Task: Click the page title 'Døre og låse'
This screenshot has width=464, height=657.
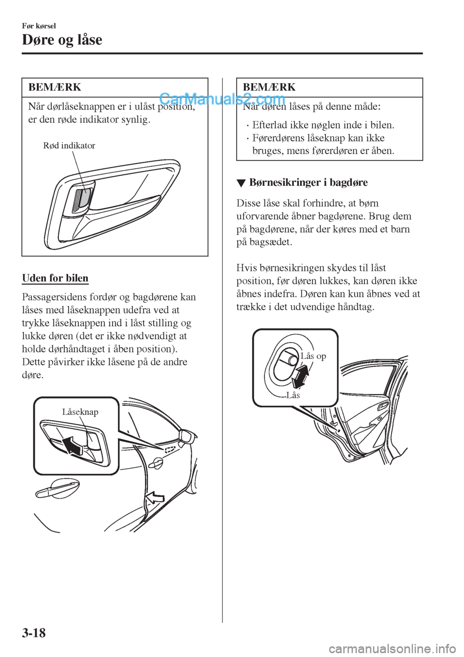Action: [x=62, y=40]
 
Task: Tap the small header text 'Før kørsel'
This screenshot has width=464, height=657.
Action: [x=39, y=25]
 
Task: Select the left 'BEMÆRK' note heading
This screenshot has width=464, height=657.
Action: [x=55, y=87]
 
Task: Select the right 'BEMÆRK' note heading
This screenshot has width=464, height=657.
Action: [x=269, y=87]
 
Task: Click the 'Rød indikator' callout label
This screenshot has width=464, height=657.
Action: [x=69, y=145]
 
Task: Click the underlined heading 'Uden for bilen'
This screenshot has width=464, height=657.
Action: [x=55, y=278]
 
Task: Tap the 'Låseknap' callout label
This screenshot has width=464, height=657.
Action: [x=80, y=412]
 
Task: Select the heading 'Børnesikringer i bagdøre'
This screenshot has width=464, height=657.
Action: [x=308, y=183]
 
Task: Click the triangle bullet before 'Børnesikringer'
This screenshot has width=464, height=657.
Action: [x=241, y=183]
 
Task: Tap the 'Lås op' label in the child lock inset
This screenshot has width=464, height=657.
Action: [x=313, y=356]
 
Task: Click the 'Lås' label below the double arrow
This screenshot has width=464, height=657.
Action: [x=293, y=395]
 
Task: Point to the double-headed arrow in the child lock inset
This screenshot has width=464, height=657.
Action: [x=301, y=376]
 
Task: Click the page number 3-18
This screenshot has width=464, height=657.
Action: [x=33, y=631]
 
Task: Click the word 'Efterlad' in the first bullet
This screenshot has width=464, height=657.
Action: [x=268, y=125]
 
